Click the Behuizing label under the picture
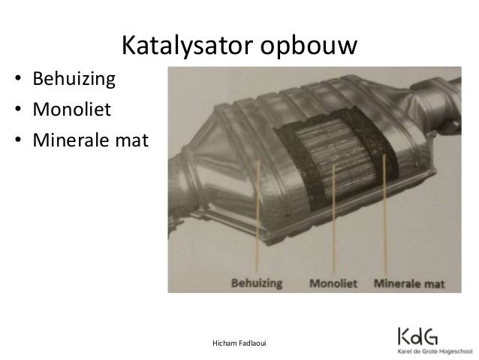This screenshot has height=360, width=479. (x=258, y=283)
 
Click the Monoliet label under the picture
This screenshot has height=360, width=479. (x=333, y=283)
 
